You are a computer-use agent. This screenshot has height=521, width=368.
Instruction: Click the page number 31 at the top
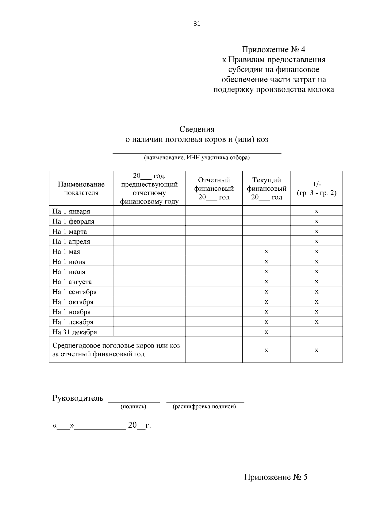[x=197, y=24]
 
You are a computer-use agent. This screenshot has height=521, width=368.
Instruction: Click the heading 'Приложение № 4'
[x=274, y=49]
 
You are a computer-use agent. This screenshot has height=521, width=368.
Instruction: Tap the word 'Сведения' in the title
[x=197, y=129]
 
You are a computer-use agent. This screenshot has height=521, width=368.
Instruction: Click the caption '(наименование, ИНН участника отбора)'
[x=197, y=158]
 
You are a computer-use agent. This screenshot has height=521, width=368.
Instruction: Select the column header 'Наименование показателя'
[x=81, y=189]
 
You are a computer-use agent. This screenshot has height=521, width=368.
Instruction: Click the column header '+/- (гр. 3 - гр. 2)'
[x=316, y=189]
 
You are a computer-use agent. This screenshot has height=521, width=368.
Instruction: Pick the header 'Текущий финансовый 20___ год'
[x=266, y=189]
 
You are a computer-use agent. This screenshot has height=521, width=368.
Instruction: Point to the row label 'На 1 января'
[x=71, y=211]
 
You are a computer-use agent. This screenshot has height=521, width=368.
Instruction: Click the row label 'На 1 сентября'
[x=75, y=292]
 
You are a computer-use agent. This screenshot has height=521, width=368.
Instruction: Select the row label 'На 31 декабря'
[x=75, y=332]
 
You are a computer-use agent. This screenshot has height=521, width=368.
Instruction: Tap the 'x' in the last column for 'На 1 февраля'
[x=316, y=221]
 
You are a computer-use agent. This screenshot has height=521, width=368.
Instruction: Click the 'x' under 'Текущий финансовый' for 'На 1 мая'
[x=266, y=251]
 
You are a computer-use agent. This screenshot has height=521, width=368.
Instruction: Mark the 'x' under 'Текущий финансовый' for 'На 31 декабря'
[x=266, y=332]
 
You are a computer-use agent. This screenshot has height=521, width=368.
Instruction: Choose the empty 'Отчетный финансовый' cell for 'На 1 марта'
[x=214, y=231]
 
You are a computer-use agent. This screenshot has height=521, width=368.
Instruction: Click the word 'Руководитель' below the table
[x=78, y=399]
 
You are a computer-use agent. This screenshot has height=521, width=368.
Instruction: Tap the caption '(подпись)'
[x=133, y=406]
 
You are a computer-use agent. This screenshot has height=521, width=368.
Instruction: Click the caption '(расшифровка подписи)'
[x=204, y=406]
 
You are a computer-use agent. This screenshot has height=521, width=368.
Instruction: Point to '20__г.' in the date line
[x=139, y=426]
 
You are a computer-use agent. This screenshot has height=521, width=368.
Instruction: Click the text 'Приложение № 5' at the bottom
[x=275, y=477]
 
